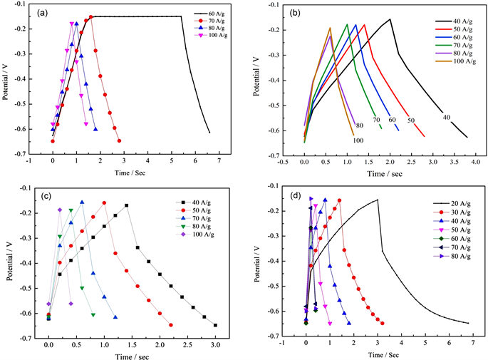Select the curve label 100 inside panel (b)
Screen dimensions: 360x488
[358, 140]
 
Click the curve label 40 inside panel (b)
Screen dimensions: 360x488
[447, 117]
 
